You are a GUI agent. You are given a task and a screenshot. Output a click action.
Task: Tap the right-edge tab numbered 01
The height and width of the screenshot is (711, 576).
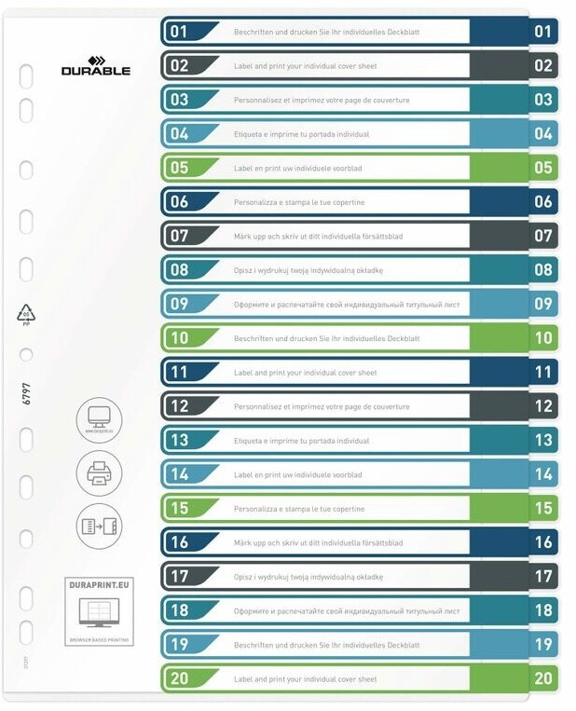coord(543,32)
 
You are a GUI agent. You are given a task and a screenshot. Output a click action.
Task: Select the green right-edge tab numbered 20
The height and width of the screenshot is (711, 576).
coord(543,678)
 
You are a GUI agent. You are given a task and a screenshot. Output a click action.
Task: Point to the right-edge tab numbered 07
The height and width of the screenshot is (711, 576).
coord(543,236)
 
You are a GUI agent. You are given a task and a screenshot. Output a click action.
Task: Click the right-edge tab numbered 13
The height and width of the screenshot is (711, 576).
coord(543,440)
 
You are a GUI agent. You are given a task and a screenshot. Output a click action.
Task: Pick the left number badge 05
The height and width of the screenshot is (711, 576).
coord(180,168)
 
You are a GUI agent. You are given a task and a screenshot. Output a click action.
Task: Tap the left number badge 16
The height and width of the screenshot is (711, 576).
coord(180,542)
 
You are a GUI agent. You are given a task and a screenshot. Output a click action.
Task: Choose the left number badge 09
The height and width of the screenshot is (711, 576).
coord(180,304)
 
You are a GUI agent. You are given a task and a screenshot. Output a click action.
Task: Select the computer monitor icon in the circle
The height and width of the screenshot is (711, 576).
coord(99,418)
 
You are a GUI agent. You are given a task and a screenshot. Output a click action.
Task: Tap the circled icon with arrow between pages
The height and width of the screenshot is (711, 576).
coord(99,526)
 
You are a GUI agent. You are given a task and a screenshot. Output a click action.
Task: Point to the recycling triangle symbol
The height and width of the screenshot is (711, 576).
coord(26,314)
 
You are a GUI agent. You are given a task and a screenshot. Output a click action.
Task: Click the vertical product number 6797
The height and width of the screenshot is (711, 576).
coord(27,393)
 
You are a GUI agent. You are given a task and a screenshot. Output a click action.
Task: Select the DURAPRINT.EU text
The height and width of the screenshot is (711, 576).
coord(98,585)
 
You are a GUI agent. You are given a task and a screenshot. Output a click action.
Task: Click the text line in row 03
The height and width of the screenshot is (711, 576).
coord(322,100)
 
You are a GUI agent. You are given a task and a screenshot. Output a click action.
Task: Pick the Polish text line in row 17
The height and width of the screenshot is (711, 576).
coord(309,577)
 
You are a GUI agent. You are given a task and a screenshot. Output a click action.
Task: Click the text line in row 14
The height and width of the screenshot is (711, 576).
coord(298,474)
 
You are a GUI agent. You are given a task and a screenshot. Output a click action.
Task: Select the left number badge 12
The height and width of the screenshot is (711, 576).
coord(180,406)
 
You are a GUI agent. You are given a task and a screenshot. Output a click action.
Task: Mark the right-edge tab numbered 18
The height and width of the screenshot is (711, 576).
coord(543,610)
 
